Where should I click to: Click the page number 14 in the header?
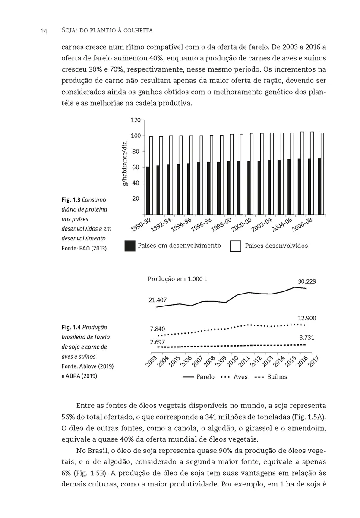[44, 31]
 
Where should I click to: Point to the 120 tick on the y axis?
[136, 120]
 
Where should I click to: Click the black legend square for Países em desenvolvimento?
[129, 246]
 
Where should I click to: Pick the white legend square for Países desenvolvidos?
[235, 246]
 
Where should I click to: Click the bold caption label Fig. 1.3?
[70, 200]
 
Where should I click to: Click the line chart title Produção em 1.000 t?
[177, 279]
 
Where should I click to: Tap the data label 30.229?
[307, 281]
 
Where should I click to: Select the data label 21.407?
[158, 300]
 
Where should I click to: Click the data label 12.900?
[307, 318]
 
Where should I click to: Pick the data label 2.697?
[158, 342]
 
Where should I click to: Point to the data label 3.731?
[307, 338]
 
